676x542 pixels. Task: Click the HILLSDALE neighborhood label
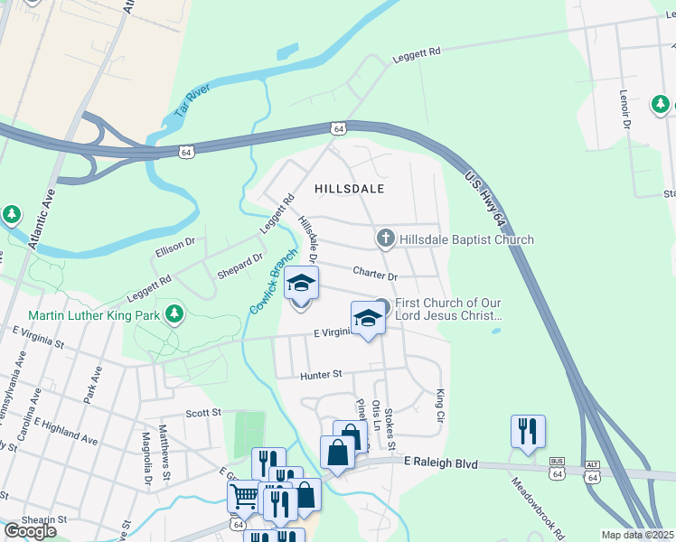(x=350, y=189)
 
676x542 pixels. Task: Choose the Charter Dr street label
(x=375, y=272)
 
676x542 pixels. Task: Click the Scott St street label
(x=203, y=413)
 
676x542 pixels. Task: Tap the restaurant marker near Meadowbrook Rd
(x=526, y=431)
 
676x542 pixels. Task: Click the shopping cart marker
(x=243, y=495)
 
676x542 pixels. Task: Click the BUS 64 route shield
(x=558, y=470)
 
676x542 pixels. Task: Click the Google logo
(x=29, y=531)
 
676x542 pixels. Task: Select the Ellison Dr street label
(x=177, y=243)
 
